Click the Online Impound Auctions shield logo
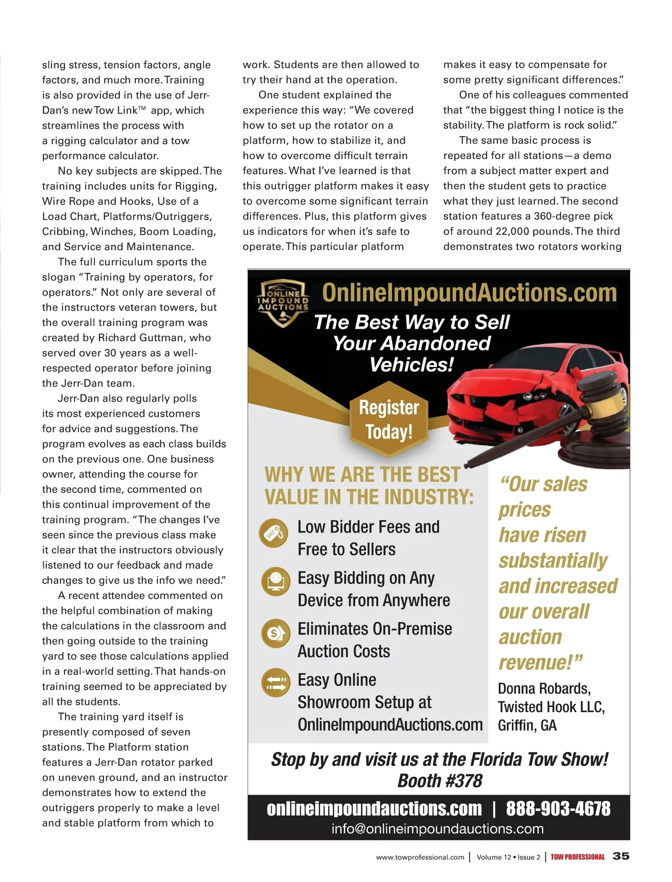click(283, 302)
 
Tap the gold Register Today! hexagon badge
click(389, 419)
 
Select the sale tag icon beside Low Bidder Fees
click(274, 533)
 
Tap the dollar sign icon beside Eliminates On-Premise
click(276, 633)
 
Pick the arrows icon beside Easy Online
click(276, 683)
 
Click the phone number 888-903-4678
click(558, 809)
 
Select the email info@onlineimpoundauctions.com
click(437, 829)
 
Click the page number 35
click(621, 856)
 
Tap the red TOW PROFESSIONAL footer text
click(577, 857)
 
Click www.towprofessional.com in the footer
click(420, 857)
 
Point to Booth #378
click(440, 781)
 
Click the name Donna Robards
click(544, 688)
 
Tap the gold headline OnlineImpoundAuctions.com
click(469, 292)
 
